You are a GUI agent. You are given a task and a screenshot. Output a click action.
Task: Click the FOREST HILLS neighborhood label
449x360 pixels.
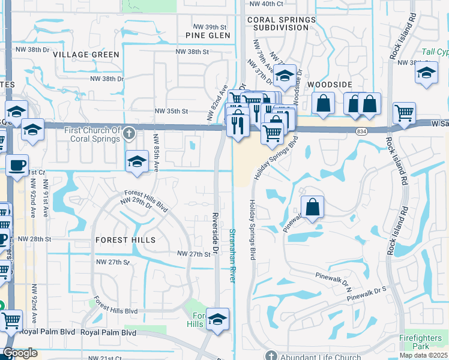125,240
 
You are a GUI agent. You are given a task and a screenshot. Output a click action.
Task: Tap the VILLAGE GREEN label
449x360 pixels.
86,55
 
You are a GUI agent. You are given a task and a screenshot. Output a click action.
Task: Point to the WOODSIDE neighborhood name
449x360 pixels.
328,85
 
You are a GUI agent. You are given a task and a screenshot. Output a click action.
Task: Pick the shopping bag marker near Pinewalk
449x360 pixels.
312,208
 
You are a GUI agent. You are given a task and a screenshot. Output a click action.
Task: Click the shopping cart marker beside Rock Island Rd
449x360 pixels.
405,112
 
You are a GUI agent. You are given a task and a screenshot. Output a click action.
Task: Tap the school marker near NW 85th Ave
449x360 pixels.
137,161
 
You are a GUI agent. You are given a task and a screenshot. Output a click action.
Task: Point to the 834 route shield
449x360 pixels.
362,131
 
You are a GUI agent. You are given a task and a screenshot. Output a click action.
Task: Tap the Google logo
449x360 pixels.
20,353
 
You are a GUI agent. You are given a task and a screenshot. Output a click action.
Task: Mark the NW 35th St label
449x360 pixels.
172,111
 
